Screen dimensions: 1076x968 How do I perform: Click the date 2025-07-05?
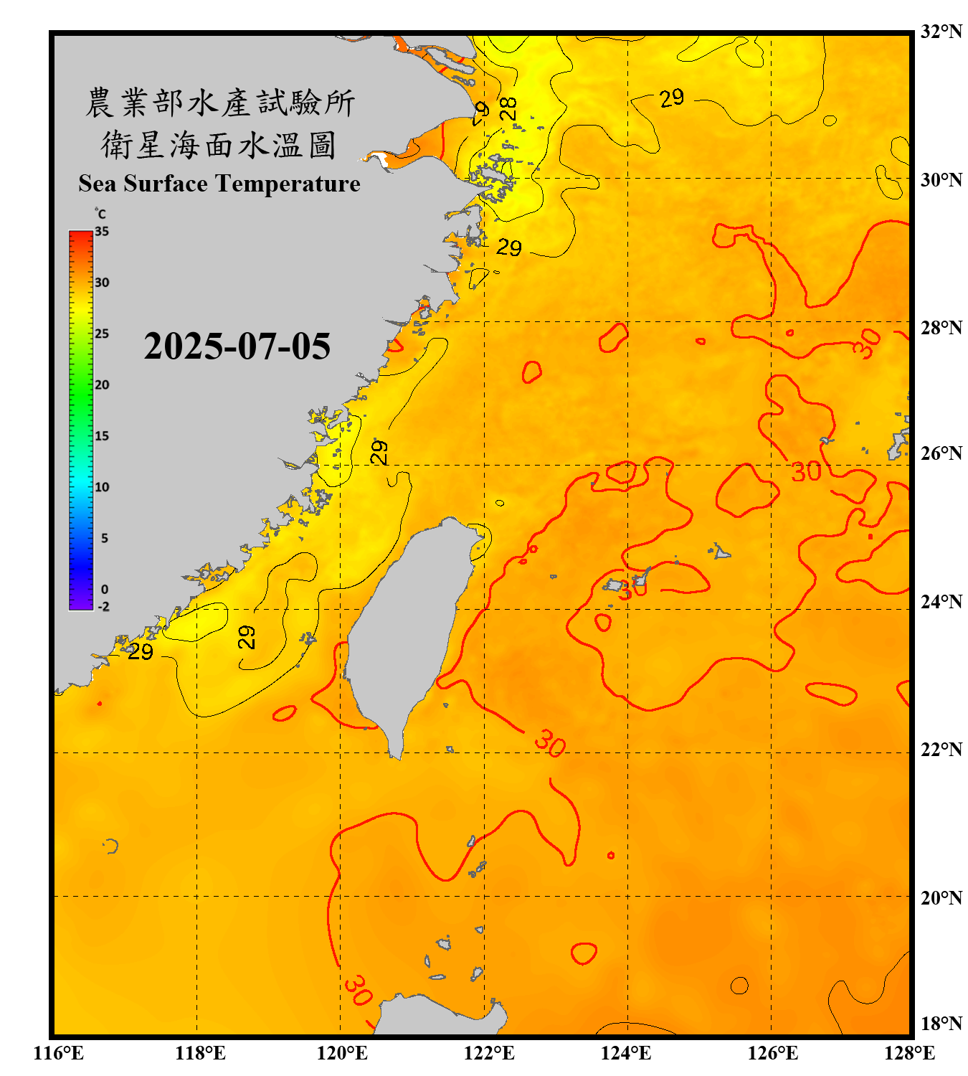[x=237, y=346]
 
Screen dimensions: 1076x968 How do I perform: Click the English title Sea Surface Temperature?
[x=219, y=184]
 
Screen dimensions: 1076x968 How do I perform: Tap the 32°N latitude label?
[x=941, y=32]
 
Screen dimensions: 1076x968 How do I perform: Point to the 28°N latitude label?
[x=941, y=328]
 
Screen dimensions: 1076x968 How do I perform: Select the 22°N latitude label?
[x=941, y=750]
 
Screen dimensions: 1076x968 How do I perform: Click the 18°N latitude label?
[x=941, y=1024]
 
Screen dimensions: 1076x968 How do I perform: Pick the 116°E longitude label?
[x=58, y=1053]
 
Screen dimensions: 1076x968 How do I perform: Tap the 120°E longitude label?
[x=342, y=1053]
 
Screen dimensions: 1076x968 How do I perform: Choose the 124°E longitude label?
[x=626, y=1053]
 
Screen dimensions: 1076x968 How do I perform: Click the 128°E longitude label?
[x=909, y=1053]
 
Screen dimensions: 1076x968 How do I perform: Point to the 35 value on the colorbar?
[x=102, y=232]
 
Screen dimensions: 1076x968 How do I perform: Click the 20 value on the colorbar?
[x=102, y=385]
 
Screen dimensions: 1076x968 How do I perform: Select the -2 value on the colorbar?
[x=103, y=607]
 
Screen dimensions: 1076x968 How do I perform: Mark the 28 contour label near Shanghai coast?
[x=508, y=108]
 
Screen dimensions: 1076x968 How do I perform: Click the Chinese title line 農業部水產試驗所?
[x=220, y=103]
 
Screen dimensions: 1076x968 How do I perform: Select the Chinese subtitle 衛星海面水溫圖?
[x=219, y=145]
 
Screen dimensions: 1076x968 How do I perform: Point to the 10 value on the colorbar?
[x=102, y=487]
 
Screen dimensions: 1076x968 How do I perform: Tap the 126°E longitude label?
[x=773, y=1053]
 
